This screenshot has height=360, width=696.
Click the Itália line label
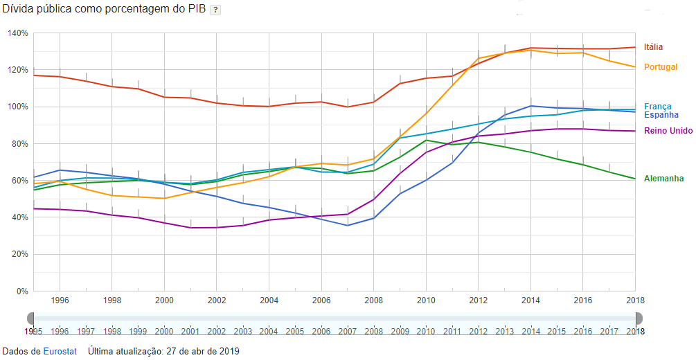click(x=653, y=47)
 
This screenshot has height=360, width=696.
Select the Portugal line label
click(x=660, y=67)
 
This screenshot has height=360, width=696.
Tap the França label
click(x=657, y=107)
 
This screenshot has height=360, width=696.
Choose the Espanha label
click(x=661, y=115)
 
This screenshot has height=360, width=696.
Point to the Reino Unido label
click(x=668, y=131)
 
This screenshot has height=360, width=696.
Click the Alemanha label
click(x=663, y=179)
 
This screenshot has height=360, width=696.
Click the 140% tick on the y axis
click(x=18, y=33)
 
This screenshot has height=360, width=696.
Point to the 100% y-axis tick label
click(x=18, y=107)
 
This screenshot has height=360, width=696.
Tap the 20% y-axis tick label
click(x=20, y=254)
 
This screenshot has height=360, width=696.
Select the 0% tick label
click(x=22, y=291)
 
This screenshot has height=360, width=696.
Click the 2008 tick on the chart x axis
click(x=374, y=301)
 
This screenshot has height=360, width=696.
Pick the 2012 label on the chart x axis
click(x=479, y=301)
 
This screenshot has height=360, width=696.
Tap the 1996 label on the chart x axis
click(x=60, y=301)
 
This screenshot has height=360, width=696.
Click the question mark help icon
click(x=215, y=10)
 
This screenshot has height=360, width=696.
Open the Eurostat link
click(x=60, y=351)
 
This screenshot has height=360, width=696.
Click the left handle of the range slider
click(x=30, y=318)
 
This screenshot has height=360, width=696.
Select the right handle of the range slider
click(x=639, y=318)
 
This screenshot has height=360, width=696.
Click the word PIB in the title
click(x=195, y=9)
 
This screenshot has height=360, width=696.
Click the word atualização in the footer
click(x=138, y=351)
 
